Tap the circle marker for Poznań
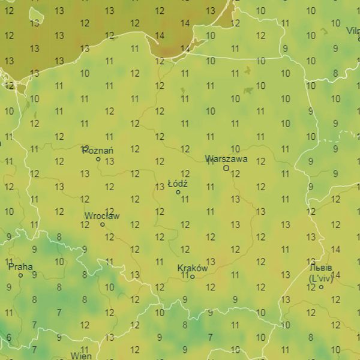tap(98, 159)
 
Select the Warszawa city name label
tap(226, 160)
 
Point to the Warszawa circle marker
tap(226, 168)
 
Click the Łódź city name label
tap(178, 184)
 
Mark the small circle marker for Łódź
tap(178, 192)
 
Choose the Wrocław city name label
tap(102, 216)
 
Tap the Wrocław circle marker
tap(102, 224)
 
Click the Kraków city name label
tap(193, 268)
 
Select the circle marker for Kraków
tap(193, 277)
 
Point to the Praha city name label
tap(20, 267)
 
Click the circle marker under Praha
tap(20, 275)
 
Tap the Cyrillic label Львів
tap(321, 268)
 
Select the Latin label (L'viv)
tap(320, 278)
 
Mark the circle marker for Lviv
tap(321, 287)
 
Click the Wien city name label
tap(82, 356)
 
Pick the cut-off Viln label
tap(352, 31)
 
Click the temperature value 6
tap(8, 337)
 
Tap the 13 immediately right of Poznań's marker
tap(109, 161)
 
